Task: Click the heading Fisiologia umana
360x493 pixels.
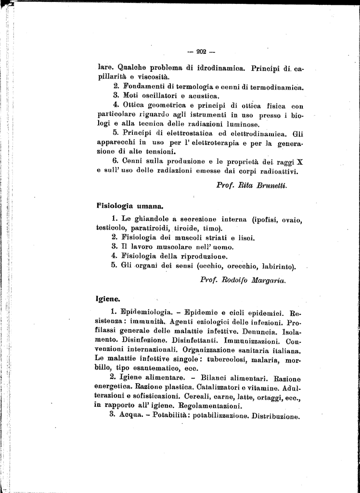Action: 128,206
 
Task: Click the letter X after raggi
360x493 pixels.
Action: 300,161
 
